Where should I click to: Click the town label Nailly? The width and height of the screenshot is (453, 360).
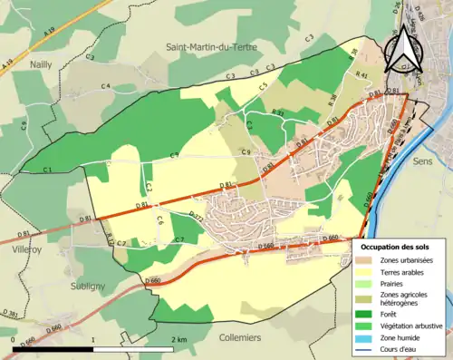[40, 65]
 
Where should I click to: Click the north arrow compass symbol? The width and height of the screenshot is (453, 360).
[405, 50]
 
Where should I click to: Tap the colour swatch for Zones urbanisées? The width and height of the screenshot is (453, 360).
[366, 261]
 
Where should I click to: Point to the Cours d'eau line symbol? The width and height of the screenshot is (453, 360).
[366, 350]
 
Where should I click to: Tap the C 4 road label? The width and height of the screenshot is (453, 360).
[105, 86]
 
